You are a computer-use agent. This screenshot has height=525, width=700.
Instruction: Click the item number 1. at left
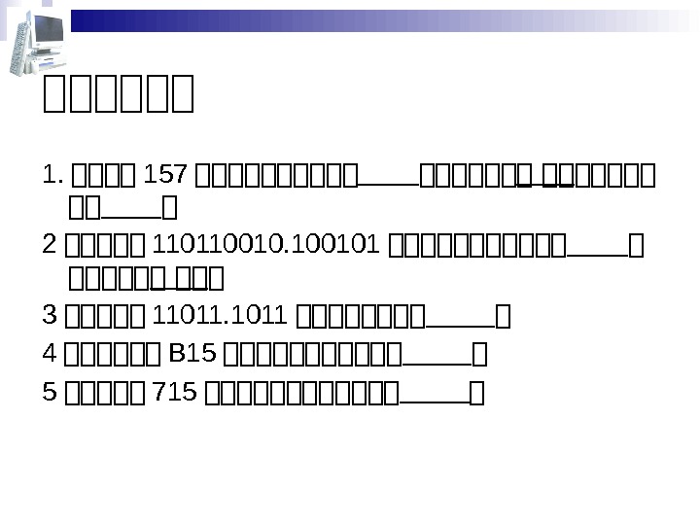pos(54,177)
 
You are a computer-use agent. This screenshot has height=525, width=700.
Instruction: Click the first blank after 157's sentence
pos(389,182)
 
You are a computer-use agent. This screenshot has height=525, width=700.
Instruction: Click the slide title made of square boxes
pos(120,95)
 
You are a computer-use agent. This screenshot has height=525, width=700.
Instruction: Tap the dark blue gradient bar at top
pos(379,19)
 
